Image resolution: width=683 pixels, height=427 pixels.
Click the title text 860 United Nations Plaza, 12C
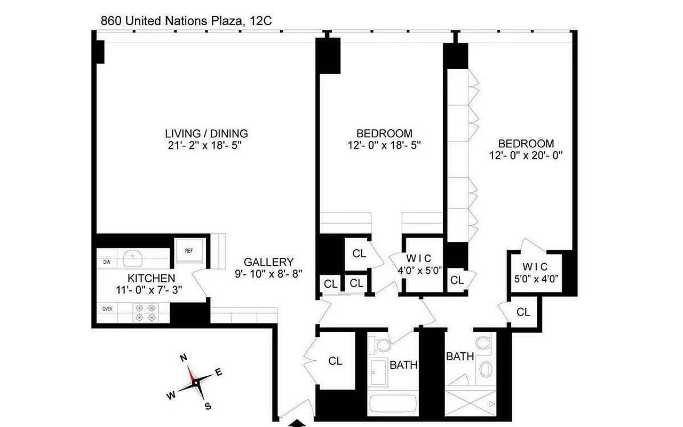coord(187,21)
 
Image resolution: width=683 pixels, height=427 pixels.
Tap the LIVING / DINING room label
coord(206,133)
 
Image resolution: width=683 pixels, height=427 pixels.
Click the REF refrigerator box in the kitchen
coord(189,250)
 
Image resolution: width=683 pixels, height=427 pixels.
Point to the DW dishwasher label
coord(107,262)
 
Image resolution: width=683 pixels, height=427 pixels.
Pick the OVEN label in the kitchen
coord(108,308)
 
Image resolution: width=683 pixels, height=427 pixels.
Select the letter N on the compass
coord(182,358)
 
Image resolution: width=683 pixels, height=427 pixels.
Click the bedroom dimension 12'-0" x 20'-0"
coord(526,155)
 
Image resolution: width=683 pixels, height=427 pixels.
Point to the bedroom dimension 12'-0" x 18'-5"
coord(384,145)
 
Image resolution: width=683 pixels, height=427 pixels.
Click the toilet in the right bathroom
coord(483,343)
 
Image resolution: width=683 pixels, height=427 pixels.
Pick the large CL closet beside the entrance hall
coord(335,361)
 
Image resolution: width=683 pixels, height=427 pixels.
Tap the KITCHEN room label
coord(151,278)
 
